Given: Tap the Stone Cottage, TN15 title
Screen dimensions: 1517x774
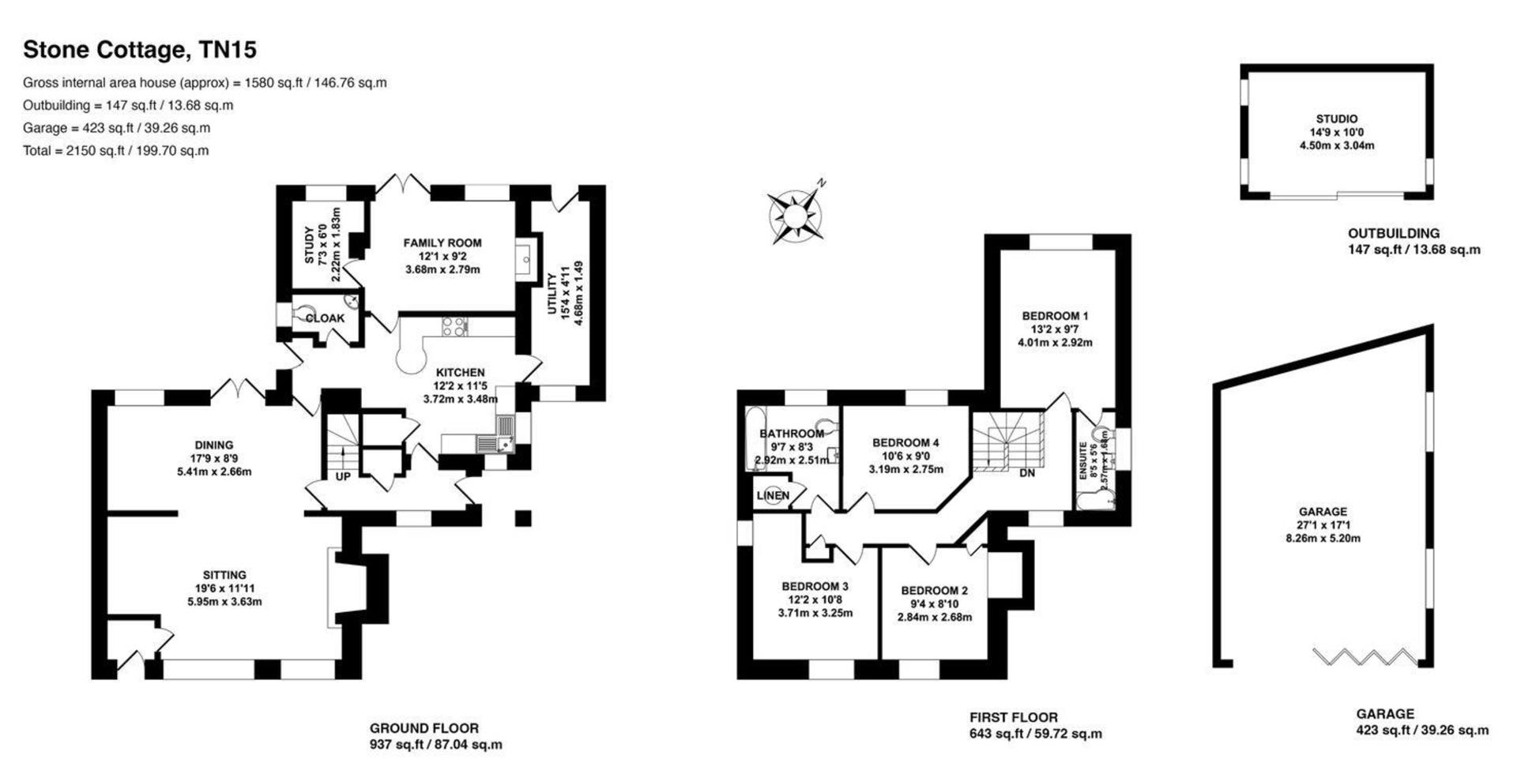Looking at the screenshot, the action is (140, 50).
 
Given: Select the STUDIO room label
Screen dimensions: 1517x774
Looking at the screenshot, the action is (1337, 119).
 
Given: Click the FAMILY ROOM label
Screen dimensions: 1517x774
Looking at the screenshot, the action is (442, 243).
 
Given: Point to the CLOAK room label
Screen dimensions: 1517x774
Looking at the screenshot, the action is (325, 318).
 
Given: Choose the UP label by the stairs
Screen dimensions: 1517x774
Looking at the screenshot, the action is (343, 477).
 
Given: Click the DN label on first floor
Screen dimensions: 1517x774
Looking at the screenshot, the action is (1027, 473).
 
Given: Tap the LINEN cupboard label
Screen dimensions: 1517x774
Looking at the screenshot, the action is (773, 496).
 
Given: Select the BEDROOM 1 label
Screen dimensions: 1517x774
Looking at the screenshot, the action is (1055, 316).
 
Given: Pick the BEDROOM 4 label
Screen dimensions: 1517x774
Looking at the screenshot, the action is (905, 443).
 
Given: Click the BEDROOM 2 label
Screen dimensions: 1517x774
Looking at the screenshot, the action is (934, 591).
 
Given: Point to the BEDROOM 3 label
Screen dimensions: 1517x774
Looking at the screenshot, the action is (815, 587).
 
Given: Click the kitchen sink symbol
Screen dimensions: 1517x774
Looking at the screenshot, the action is (496, 445).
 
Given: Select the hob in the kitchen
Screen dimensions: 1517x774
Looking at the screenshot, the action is (455, 326).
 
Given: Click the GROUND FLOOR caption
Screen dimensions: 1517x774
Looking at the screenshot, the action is (424, 728).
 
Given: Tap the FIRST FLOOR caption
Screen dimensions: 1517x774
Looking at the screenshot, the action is (1014, 718).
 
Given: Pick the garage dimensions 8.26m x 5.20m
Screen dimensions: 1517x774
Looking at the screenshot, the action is (1323, 539).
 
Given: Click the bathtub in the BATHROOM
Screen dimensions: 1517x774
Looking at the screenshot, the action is (751, 439).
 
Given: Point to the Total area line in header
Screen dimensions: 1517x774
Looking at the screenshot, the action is (116, 151).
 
